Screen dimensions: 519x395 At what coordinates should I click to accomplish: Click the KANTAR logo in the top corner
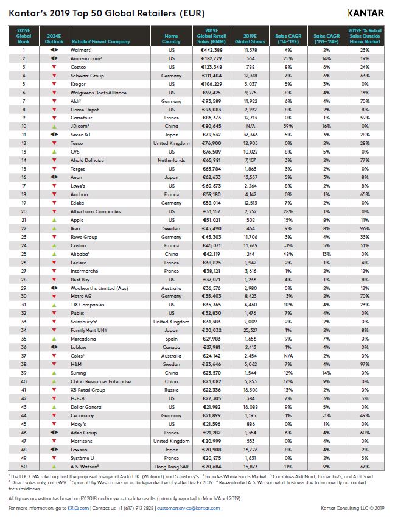pyautogui.click(x=365, y=13)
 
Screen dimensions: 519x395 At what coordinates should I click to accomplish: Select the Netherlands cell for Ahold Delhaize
pyautogui.click(x=171, y=160)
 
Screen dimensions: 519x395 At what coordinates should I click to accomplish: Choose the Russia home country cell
pyautogui.click(x=171, y=389)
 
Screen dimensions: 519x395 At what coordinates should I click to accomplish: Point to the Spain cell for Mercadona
pyautogui.click(x=171, y=337)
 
